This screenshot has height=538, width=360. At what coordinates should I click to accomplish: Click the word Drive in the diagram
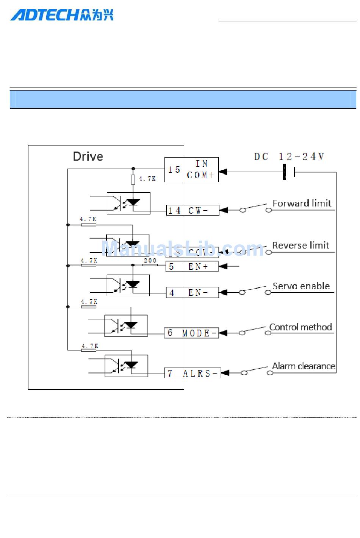(x=88, y=156)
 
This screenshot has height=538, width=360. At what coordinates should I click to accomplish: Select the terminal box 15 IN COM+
(x=191, y=169)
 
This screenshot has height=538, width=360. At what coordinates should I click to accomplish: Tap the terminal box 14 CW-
(x=193, y=211)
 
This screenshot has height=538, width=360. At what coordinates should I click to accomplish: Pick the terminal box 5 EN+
(x=192, y=266)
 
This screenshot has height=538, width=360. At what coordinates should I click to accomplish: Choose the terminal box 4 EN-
(x=192, y=292)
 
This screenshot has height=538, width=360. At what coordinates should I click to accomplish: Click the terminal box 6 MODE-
(x=191, y=333)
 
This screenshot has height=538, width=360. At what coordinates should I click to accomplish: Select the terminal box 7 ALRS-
(x=192, y=373)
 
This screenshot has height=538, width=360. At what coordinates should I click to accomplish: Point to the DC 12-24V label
(x=289, y=156)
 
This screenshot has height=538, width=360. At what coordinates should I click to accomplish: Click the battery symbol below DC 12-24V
(x=289, y=172)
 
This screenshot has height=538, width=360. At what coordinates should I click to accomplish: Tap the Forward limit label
(x=302, y=203)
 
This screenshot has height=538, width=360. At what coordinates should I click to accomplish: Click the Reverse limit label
(x=301, y=246)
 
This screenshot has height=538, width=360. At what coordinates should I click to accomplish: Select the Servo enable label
(x=301, y=286)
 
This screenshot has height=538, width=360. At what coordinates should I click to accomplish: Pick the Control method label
(x=301, y=327)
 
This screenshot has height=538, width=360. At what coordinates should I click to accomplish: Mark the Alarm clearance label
(x=304, y=366)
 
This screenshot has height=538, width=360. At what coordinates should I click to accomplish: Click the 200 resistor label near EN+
(x=150, y=260)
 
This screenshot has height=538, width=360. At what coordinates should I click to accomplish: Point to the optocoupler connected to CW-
(x=128, y=203)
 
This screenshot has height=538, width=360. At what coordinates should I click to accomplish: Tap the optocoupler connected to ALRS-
(x=126, y=366)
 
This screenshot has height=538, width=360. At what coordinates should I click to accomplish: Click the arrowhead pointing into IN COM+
(x=223, y=172)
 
